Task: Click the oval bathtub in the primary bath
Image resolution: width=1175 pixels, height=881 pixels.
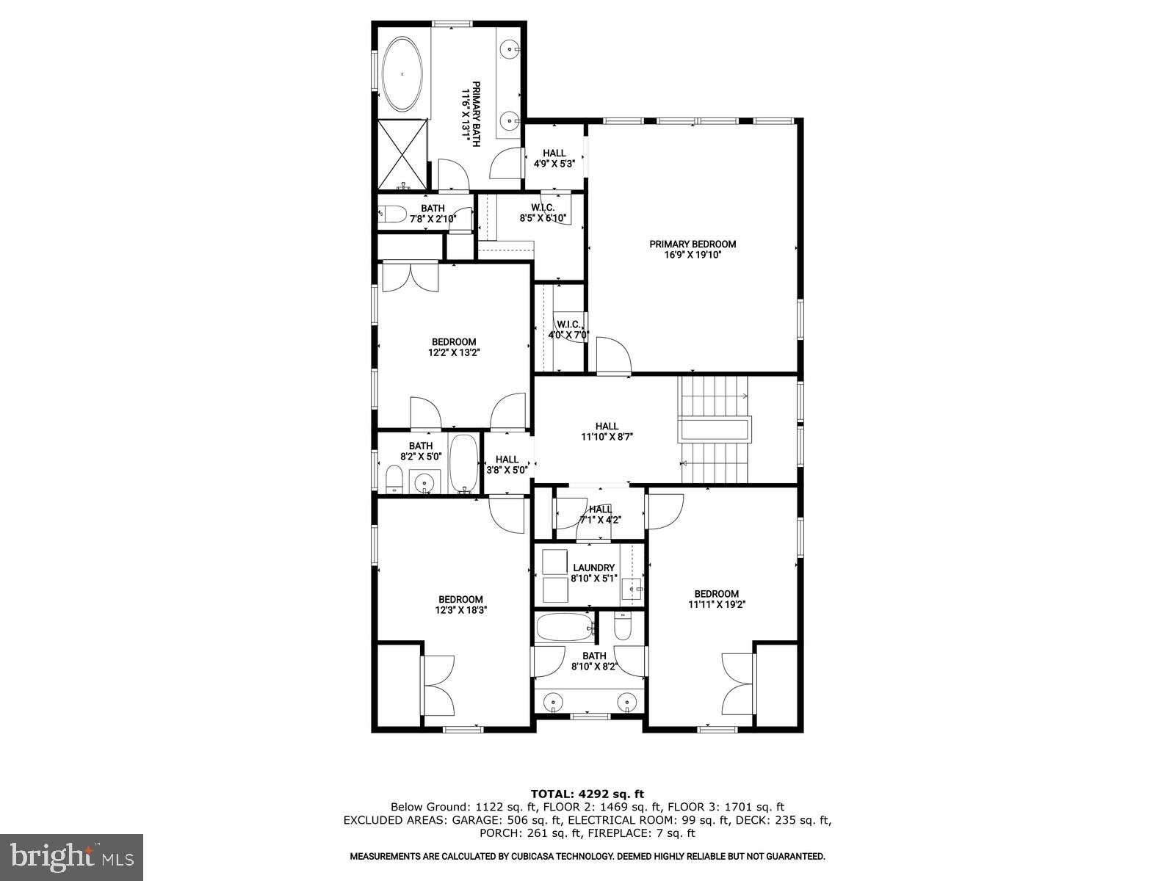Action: (401, 74)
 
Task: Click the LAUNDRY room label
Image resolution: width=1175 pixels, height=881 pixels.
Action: (594, 568)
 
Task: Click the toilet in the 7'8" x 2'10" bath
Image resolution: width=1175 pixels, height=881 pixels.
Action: (394, 214)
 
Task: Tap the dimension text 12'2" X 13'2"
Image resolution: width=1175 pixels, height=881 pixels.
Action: (454, 352)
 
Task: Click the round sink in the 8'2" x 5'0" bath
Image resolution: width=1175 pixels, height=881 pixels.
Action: (424, 482)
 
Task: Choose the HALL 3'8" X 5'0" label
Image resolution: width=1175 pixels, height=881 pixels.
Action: (507, 465)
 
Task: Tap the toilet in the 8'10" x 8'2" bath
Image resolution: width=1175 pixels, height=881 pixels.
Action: (622, 628)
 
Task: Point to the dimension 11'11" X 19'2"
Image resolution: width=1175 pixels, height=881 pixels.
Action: (717, 605)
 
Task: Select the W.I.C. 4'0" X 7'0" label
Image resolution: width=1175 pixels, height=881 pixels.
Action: (569, 330)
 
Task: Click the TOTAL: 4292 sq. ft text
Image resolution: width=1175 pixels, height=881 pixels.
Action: (587, 794)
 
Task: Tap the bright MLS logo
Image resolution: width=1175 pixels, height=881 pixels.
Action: (71, 858)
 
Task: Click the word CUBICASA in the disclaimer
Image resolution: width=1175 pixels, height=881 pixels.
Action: (531, 856)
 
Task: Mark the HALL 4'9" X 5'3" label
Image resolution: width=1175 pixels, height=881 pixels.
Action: (554, 159)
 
